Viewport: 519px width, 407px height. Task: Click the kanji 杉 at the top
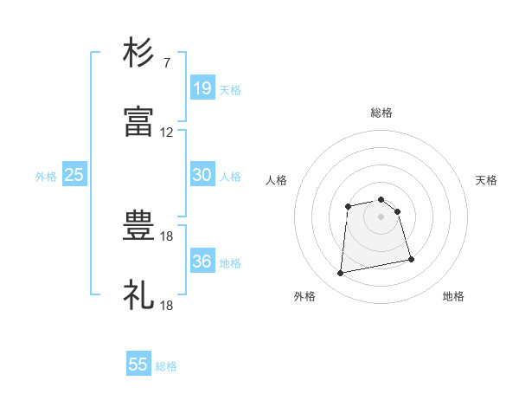(x=138, y=52)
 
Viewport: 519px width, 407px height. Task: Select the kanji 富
(x=138, y=121)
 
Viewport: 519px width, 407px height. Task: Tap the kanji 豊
(x=138, y=225)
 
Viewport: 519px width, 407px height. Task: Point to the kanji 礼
(x=138, y=294)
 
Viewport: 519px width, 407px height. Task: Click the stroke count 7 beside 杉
(x=167, y=62)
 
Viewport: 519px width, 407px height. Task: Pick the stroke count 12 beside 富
(x=166, y=132)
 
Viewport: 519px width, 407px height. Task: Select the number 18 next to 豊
(x=166, y=236)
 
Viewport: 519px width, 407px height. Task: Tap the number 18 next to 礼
(x=166, y=306)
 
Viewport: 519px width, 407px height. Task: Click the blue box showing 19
(x=202, y=87)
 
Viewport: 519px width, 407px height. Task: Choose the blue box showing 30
(x=202, y=174)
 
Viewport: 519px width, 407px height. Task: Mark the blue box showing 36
(x=202, y=260)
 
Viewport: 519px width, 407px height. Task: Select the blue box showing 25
(x=74, y=174)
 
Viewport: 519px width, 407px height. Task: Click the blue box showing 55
(x=138, y=363)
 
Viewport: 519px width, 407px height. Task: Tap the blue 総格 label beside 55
(x=166, y=366)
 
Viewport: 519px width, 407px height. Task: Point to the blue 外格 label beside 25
(x=46, y=177)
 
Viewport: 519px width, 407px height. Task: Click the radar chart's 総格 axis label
(x=381, y=113)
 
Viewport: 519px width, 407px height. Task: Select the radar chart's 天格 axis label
(x=486, y=180)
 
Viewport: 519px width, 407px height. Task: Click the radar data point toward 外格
(x=340, y=273)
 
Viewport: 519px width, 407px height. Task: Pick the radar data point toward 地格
(x=411, y=259)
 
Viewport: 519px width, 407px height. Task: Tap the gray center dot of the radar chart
(x=381, y=216)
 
